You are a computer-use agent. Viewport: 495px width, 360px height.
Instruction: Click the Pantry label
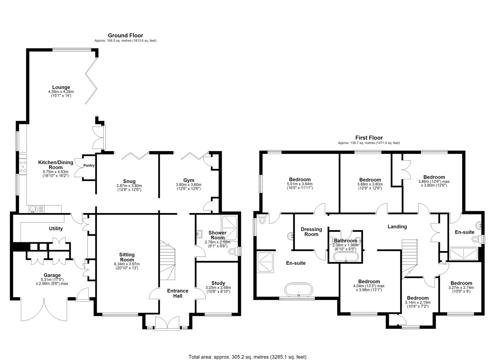tap(89, 165)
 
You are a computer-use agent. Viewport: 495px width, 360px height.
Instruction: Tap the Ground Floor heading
tap(125, 35)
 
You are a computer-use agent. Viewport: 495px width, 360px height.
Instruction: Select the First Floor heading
tap(369, 138)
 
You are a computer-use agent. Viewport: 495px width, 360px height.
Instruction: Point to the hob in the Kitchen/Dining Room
tap(23, 166)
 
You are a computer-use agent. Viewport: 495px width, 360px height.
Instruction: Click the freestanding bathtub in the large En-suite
tap(298, 290)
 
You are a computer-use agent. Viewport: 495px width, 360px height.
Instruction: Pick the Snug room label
tap(129, 181)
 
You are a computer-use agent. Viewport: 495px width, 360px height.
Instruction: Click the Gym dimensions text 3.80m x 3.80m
tap(188, 185)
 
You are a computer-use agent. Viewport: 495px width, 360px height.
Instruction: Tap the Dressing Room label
tap(311, 232)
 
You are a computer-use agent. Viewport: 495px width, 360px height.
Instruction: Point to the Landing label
tap(397, 227)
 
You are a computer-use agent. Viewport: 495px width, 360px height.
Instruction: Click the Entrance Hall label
tap(178, 293)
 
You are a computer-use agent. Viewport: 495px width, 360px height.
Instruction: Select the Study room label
tap(218, 283)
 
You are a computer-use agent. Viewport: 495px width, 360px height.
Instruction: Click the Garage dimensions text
tap(52, 282)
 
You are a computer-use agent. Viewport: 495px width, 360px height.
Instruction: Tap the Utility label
tap(56, 228)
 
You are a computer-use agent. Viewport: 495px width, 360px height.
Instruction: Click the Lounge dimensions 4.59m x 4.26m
tap(61, 92)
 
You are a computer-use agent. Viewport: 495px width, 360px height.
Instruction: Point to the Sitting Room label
tap(127, 257)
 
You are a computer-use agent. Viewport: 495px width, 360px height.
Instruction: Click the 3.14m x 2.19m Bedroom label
tap(418, 298)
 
